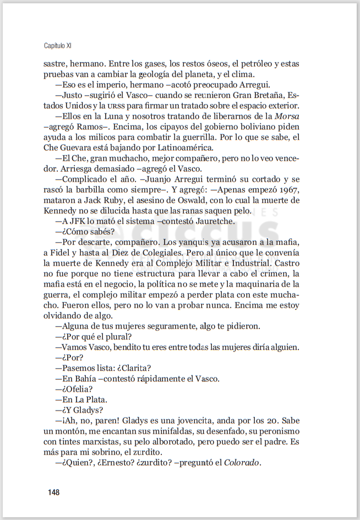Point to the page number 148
pos(53,492)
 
